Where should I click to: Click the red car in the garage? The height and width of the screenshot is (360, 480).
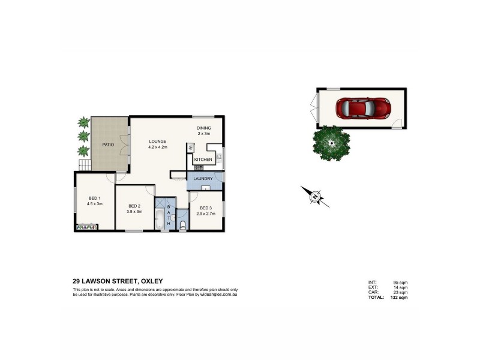[x=363, y=109]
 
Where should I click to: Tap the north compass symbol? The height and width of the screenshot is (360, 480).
[x=316, y=196]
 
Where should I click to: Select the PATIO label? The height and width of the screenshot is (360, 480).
[x=108, y=145]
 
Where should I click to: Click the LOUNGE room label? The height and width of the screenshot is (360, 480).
[x=158, y=142]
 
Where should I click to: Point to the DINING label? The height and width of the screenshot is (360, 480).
[x=204, y=128]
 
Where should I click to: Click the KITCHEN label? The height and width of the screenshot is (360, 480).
[x=202, y=160]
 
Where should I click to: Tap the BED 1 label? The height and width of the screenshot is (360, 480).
[x=95, y=199]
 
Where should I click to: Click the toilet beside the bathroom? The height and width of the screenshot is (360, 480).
[x=182, y=225]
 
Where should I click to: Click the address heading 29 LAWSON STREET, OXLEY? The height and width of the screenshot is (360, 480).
[x=118, y=281]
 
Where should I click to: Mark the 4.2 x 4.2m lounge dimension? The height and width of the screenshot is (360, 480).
[x=158, y=147]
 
